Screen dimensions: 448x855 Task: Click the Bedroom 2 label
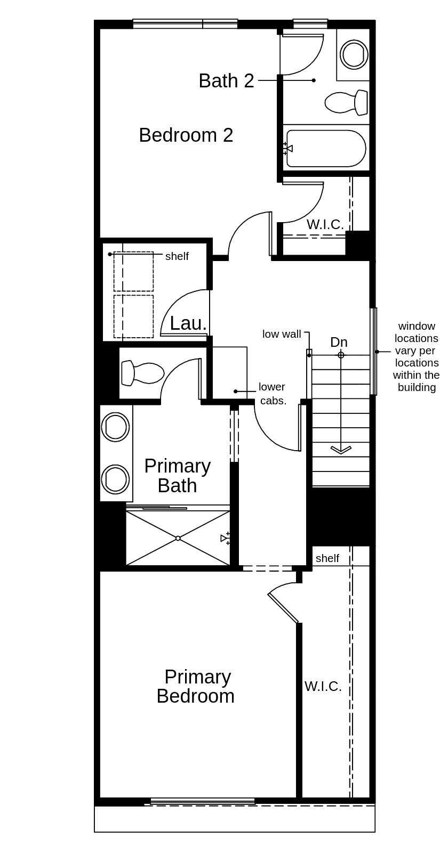(x=186, y=135)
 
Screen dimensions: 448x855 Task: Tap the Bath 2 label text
(x=226, y=81)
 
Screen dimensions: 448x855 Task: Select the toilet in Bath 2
(x=346, y=102)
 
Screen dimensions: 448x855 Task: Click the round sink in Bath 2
(x=354, y=54)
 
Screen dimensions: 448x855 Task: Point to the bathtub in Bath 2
(x=326, y=149)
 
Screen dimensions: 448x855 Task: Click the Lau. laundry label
(x=188, y=324)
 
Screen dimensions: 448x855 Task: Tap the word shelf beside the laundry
(x=177, y=256)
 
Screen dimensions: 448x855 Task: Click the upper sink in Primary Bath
(x=115, y=427)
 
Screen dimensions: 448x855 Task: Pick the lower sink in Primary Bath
(x=115, y=479)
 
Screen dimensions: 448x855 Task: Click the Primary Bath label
(x=178, y=476)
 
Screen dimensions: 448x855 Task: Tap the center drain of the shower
(x=178, y=538)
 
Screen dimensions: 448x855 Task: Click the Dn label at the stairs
(x=339, y=342)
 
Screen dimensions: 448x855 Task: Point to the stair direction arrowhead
(x=341, y=450)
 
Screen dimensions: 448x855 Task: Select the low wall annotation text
(x=282, y=334)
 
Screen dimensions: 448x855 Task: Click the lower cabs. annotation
(x=272, y=394)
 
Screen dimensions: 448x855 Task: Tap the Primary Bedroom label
(x=196, y=686)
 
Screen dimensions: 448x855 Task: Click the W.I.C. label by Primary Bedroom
(x=323, y=687)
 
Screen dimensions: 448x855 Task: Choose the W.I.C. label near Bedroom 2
(x=325, y=224)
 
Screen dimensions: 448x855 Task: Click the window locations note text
(x=417, y=356)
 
